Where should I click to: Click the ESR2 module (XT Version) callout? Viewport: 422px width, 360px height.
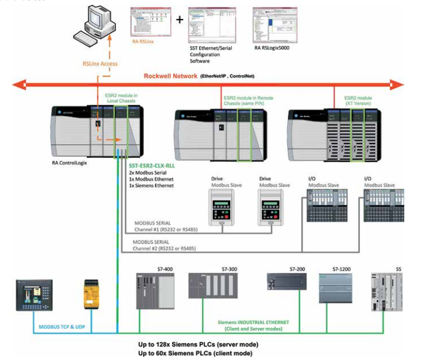pyautogui.click(x=358, y=100)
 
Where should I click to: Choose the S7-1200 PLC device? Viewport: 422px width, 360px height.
pyautogui.click(x=335, y=288)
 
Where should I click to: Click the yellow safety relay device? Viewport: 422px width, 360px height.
pyautogui.click(x=95, y=293)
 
